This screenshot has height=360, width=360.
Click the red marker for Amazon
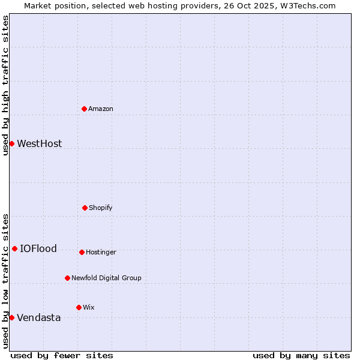tap(84, 109)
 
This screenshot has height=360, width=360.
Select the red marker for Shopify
tap(85, 208)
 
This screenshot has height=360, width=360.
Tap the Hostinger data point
tap(82, 252)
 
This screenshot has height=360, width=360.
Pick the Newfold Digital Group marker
tap(67, 278)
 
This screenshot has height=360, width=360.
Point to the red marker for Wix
tap(79, 307)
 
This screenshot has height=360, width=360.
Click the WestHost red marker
tap(11, 143)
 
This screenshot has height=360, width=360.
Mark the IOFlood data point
tap(14, 248)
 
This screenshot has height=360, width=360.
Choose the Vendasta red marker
tap(11, 317)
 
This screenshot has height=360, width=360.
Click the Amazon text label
tap(101, 109)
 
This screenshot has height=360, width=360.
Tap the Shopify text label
tap(101, 208)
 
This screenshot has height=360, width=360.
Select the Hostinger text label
tap(101, 252)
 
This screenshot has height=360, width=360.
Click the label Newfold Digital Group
tap(106, 278)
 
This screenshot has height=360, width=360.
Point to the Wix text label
tap(89, 307)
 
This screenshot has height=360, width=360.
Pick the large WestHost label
tap(39, 143)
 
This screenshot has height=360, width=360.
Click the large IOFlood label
tap(38, 248)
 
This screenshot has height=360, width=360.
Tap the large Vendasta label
tap(38, 317)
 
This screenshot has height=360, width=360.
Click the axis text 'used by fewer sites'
tap(62, 355)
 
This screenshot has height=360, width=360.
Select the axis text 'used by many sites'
tap(301, 355)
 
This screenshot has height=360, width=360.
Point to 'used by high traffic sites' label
tap(5, 85)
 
